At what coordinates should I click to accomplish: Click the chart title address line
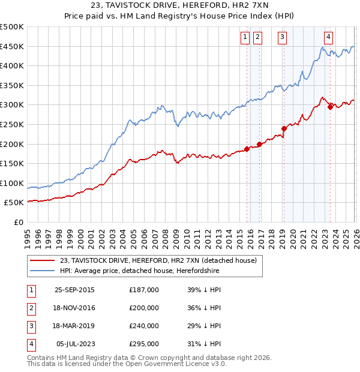181,5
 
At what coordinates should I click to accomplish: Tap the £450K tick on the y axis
12,47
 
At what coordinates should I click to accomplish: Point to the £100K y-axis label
12,183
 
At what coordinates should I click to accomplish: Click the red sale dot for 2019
284,128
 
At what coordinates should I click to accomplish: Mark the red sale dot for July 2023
330,107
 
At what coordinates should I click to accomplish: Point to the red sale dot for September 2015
247,149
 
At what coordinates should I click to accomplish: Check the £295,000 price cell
144,344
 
